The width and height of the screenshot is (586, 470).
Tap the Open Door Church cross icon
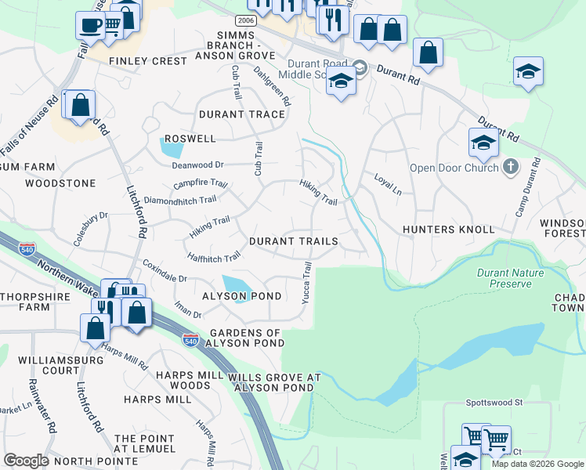pos(510,167)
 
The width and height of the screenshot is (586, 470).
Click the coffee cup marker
pos(90,24)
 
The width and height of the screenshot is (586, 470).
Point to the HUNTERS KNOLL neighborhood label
pos(448,230)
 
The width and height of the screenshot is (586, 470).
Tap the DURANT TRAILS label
pos(293,241)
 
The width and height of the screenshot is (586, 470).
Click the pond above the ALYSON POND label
pos(238,284)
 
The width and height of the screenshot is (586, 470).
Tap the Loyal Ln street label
pos(387,185)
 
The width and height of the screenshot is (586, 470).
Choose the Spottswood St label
pos(494,403)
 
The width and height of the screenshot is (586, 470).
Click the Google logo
pos(27,460)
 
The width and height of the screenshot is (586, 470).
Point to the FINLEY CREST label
pos(148,61)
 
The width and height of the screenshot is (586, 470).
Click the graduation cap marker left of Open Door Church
pos(483,142)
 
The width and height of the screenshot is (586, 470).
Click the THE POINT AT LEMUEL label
pos(145,443)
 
